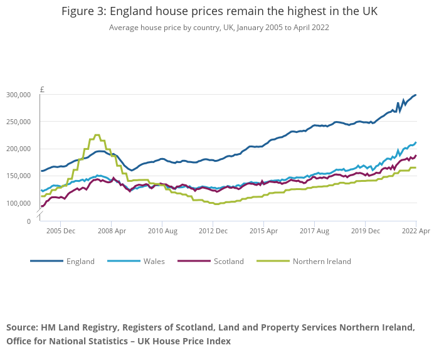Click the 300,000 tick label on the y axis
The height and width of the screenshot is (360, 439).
coord(19,95)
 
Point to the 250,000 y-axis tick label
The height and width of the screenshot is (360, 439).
coord(19,122)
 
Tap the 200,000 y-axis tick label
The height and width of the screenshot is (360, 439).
coord(19,149)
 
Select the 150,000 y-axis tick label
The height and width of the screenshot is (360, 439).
coord(19,176)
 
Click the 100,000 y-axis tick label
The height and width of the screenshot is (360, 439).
coord(19,203)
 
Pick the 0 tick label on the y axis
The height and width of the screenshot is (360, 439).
coord(28,221)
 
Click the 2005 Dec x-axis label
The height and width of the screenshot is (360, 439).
coord(60,231)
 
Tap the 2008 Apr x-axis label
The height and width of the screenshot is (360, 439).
coord(111,231)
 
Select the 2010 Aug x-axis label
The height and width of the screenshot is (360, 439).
coord(162,231)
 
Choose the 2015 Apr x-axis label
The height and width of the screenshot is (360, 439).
coord(263,231)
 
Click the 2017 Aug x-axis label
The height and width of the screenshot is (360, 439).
coord(314,231)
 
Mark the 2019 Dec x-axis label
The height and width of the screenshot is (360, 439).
coord(365,231)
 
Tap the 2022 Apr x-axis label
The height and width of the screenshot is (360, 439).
coord(416,231)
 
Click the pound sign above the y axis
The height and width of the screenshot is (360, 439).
coord(42,89)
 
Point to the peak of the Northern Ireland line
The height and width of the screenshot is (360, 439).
coord(97,135)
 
